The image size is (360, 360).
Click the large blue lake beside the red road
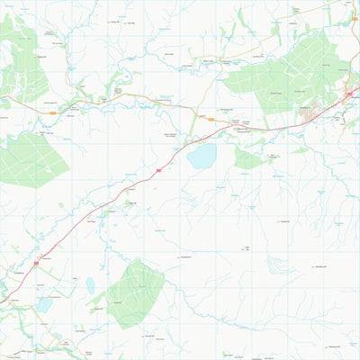point(202,157)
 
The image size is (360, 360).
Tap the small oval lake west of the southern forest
point(90,286)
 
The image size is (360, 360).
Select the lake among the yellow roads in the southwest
point(43,305)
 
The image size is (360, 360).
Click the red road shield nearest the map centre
point(158,168)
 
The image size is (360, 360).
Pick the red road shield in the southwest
point(36,262)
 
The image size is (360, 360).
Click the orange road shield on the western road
point(54,113)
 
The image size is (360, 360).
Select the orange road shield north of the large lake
point(195,126)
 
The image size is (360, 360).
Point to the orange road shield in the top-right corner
point(354,18)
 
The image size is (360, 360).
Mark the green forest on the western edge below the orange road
point(31,160)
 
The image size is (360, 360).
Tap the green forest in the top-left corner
point(22,63)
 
